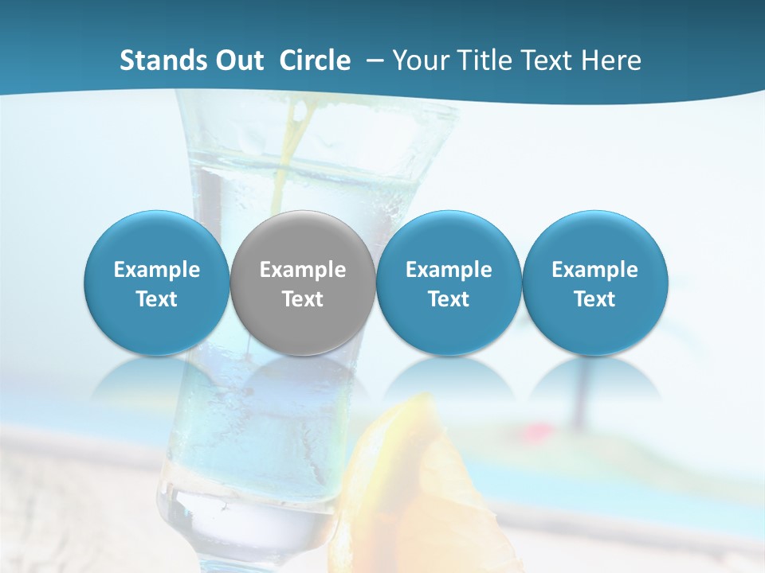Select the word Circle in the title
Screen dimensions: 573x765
click(x=315, y=60)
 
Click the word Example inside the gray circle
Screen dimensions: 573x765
click(x=303, y=270)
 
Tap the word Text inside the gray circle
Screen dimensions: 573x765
click(x=303, y=299)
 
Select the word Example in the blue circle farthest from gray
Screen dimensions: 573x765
click(x=594, y=270)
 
